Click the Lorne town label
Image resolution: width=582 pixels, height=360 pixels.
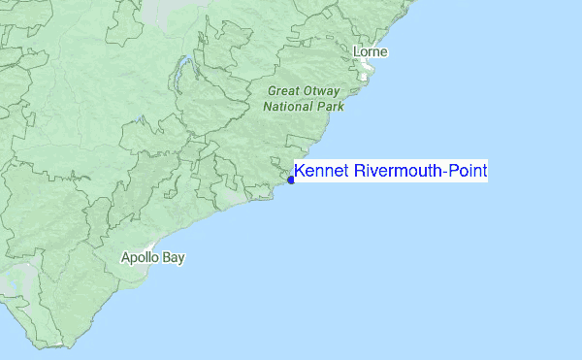click(x=372, y=51)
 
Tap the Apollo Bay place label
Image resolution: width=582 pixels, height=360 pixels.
click(x=152, y=258)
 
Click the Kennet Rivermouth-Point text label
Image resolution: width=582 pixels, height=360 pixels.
click(x=391, y=172)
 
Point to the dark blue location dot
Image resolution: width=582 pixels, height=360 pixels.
click(x=291, y=180)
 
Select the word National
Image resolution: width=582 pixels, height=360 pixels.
click(x=287, y=107)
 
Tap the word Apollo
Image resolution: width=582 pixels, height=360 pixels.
click(x=139, y=258)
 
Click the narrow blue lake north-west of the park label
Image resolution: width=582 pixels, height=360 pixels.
click(x=180, y=70)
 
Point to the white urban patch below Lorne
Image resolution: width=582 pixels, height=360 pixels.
click(x=367, y=70)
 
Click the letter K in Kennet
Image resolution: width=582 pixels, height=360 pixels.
click(x=299, y=172)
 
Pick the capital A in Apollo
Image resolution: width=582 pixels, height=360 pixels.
click(x=125, y=258)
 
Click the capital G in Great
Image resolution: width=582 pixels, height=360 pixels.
click(x=271, y=91)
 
